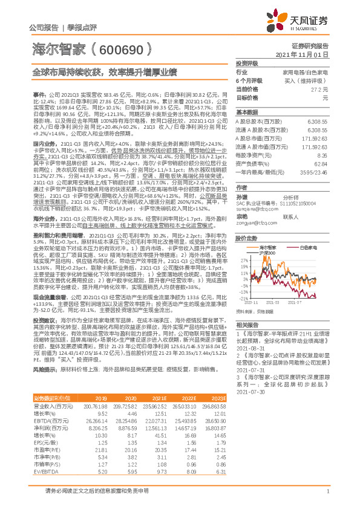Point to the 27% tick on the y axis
243,258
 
